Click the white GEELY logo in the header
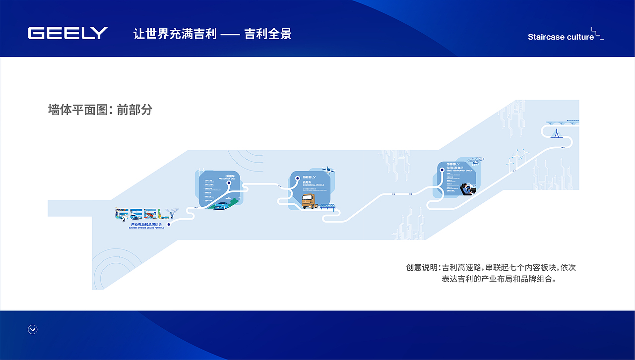[x=67, y=33]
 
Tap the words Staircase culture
[x=561, y=37]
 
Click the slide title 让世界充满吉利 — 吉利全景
[x=212, y=34]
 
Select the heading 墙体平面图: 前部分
[x=100, y=110]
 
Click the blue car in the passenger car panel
[x=222, y=205]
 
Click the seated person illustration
[x=467, y=189]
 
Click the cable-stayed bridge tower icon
[x=558, y=133]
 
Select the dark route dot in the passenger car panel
[x=229, y=182]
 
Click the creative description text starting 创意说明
[x=491, y=273]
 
